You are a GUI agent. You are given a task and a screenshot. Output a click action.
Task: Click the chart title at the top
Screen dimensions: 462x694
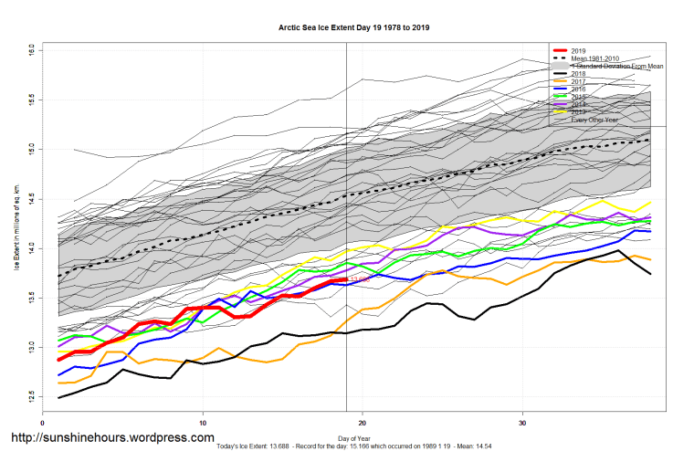pyautogui.click(x=353, y=28)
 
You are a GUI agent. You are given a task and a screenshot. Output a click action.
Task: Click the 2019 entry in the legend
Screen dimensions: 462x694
pyautogui.click(x=578, y=49)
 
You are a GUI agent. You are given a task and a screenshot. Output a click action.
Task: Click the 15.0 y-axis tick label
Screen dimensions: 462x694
pyautogui.click(x=31, y=147)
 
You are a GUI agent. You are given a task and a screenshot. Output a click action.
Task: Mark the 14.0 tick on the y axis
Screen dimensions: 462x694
pyautogui.click(x=31, y=247)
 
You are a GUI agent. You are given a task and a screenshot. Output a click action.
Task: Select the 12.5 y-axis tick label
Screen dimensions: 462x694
pyautogui.click(x=31, y=397)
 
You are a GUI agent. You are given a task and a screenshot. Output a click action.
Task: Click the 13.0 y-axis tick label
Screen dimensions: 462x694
pyautogui.click(x=31, y=347)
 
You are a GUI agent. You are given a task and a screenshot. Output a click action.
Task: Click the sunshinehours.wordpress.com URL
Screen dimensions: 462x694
pyautogui.click(x=110, y=438)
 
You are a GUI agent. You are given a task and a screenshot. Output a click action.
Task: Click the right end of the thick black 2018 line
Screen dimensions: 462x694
pyautogui.click(x=650, y=274)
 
